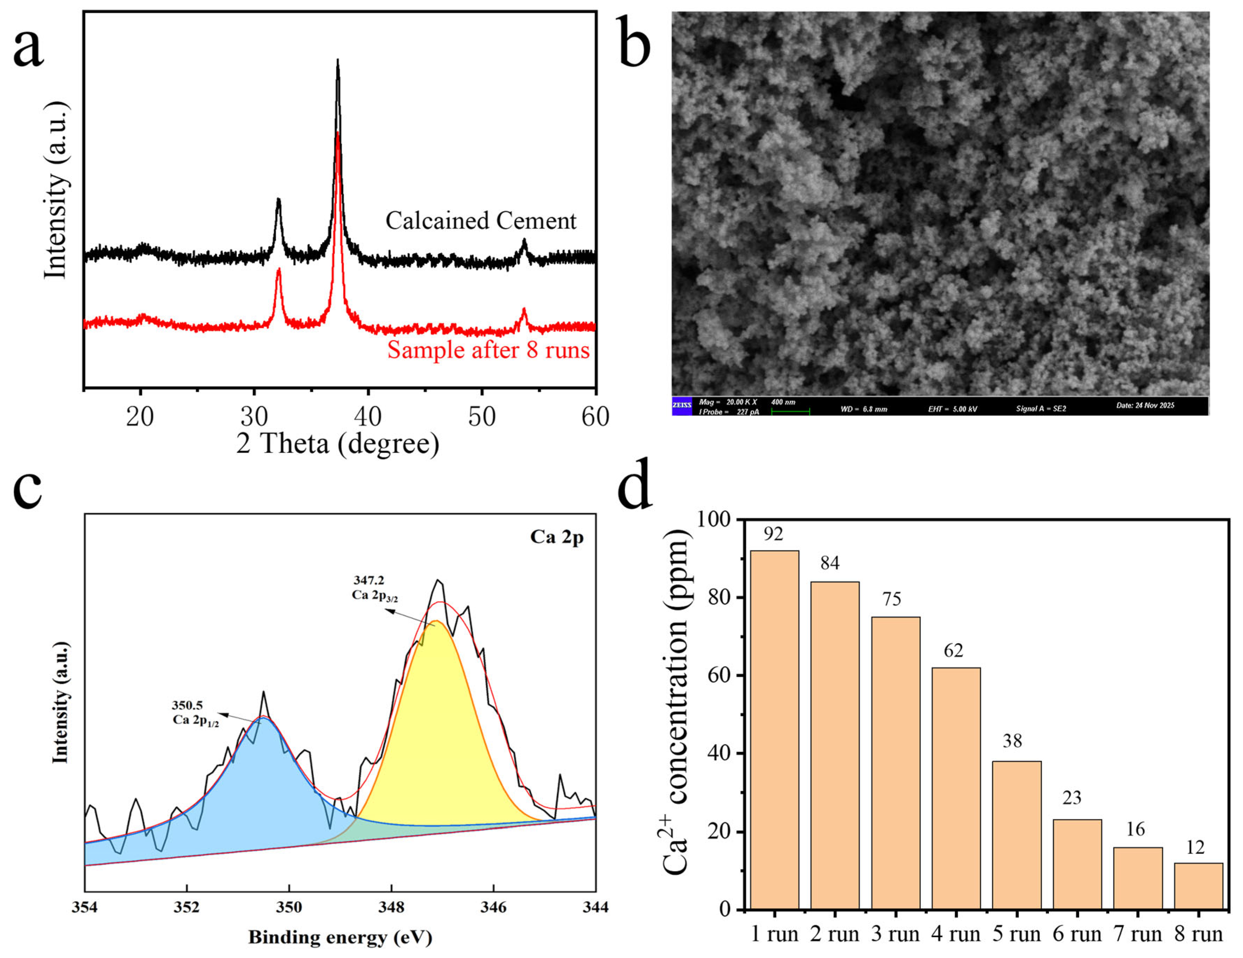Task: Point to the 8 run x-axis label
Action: [x=1199, y=934]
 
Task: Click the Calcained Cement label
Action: [x=481, y=221]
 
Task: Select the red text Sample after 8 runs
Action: [x=488, y=349]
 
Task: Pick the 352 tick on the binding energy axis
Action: [x=187, y=907]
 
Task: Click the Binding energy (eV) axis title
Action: [x=340, y=937]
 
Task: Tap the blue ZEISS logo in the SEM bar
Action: [x=682, y=405]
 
